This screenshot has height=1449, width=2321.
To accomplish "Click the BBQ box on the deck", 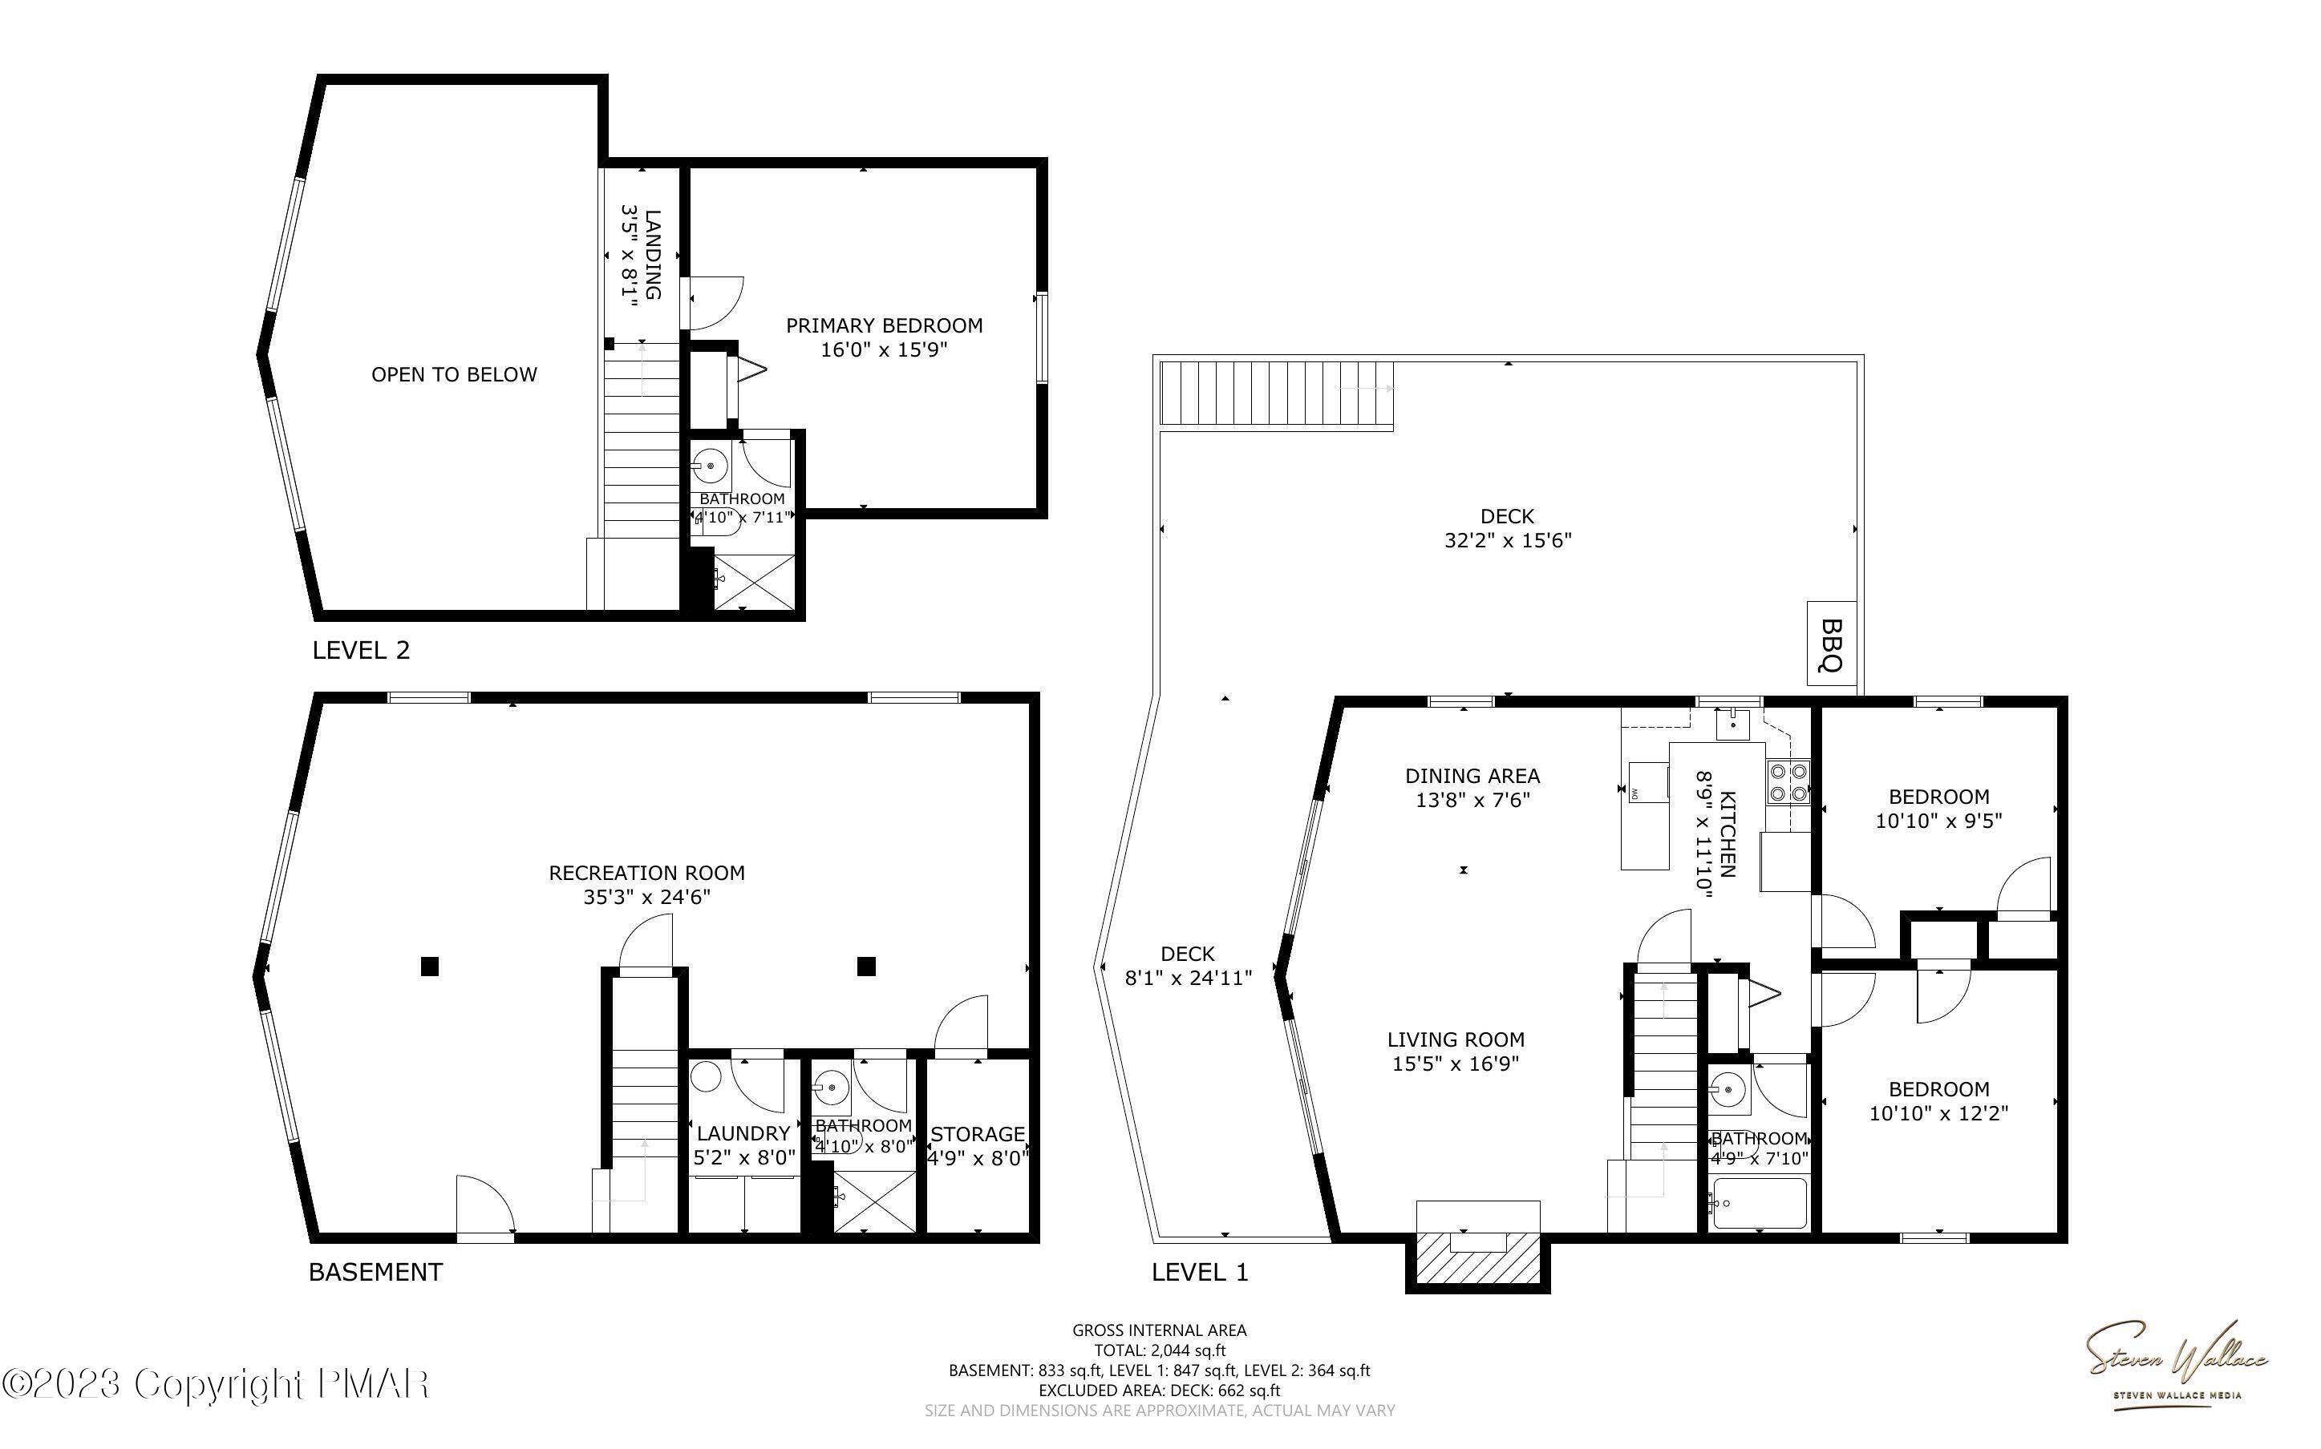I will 1831,643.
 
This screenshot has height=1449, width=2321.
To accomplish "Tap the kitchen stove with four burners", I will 1788,781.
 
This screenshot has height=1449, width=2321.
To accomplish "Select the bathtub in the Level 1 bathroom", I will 1760,1203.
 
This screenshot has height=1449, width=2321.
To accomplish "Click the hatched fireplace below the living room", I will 1477,1257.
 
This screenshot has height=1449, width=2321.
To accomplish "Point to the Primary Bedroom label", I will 884,326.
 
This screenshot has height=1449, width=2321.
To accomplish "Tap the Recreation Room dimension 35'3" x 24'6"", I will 646,897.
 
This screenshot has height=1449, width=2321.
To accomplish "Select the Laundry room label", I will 743,1134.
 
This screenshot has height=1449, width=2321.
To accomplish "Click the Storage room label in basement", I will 977,1135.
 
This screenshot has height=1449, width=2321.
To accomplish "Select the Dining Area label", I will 1472,777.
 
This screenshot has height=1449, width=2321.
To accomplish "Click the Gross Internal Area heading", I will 1158,1330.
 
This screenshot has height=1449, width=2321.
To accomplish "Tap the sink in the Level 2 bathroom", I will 711,466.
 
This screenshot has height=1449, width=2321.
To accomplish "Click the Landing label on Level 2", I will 652,254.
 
